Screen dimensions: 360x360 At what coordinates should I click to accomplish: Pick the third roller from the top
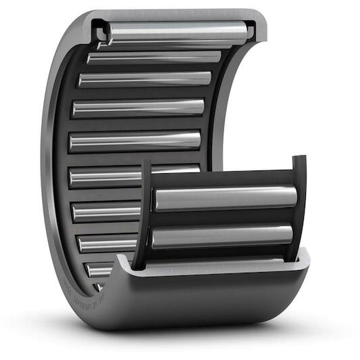tap(145, 79)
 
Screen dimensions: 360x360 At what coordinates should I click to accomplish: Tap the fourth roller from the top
tap(139, 108)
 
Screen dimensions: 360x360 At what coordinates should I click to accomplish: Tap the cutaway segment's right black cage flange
tap(298, 203)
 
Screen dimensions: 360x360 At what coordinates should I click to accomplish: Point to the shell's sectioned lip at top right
tap(253, 30)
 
